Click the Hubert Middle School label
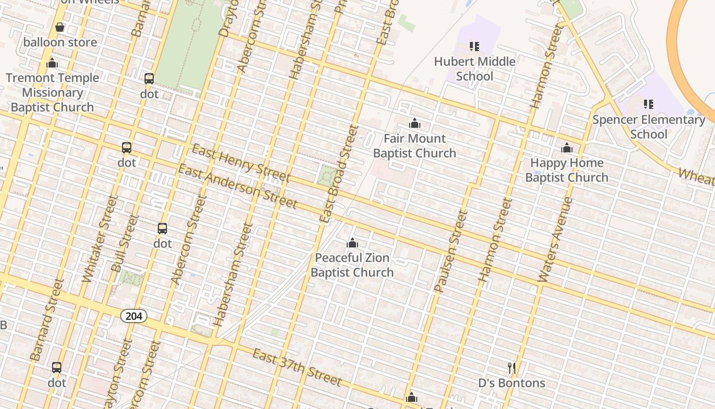tap(474, 69)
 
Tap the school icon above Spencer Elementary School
tap(649, 104)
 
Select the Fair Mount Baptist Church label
tap(414, 146)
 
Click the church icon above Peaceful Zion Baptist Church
tap(352, 243)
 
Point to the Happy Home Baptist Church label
tap(567, 170)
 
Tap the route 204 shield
tap(134, 316)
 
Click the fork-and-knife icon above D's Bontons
tap(512, 368)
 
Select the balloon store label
tap(60, 42)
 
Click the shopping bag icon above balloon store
tap(60, 27)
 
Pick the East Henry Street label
tap(241, 164)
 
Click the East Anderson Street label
tap(237, 187)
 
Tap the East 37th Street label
tap(297, 368)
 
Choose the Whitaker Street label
tap(97, 238)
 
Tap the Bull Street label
tap(125, 243)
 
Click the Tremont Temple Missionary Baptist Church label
tap(52, 93)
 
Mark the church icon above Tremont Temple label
tap(52, 63)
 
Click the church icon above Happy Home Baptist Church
tap(567, 148)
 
